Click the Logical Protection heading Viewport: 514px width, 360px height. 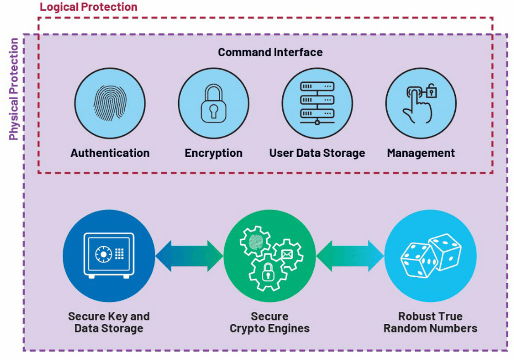coord(88,7)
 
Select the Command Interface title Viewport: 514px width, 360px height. coord(270,52)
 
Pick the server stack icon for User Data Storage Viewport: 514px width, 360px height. coord(317,103)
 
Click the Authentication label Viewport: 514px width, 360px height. coord(110,153)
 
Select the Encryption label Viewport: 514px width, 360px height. coord(213,153)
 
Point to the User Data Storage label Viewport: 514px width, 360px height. coord(317,153)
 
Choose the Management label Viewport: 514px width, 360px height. coord(420,153)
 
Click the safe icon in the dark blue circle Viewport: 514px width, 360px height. coord(109,256)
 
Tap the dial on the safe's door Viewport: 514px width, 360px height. coord(103,254)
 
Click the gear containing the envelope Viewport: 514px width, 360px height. coord(287,254)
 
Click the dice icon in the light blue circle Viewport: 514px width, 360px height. coord(430,256)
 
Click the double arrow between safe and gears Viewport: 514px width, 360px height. coord(189,256)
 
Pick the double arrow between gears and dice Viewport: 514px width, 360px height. coord(350,256)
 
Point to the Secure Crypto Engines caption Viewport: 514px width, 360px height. coord(269,322)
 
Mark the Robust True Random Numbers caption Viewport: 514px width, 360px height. coord(430,322)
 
